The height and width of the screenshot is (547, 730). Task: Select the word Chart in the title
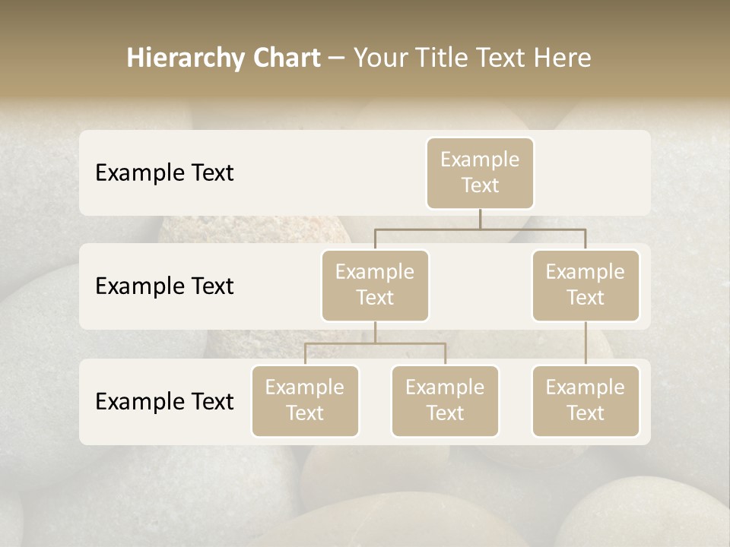[287, 58]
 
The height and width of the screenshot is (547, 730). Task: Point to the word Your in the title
[379, 58]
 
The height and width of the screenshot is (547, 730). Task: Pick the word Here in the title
[560, 58]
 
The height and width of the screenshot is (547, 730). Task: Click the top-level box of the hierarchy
[480, 172]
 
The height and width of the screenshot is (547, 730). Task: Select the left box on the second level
[375, 285]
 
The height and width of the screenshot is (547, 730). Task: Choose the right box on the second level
[586, 285]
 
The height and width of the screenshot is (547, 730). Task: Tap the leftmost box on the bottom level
[305, 400]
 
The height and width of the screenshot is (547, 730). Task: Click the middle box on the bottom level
[445, 400]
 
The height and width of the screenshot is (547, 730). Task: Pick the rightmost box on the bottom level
[586, 400]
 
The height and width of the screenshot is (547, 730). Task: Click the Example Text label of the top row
[164, 173]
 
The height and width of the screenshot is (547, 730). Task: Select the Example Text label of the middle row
[164, 286]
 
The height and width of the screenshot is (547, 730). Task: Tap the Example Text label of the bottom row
[164, 401]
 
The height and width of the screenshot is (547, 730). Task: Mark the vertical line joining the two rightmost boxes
[586, 343]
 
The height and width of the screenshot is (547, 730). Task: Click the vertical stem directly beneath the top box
[480, 219]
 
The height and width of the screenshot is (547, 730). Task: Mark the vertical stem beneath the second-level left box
[375, 332]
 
